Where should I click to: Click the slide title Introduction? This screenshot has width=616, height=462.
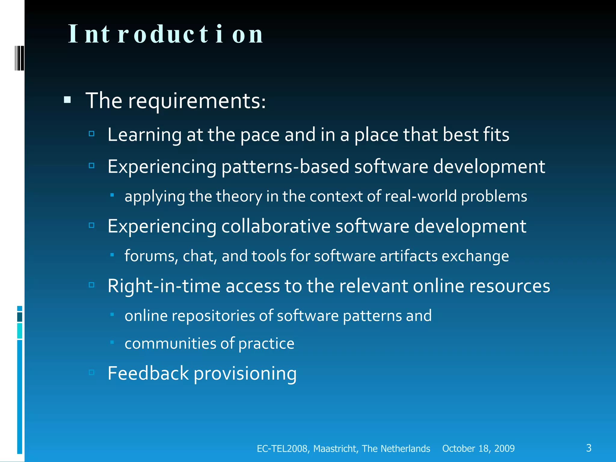point(166,34)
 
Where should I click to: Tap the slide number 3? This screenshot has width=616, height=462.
point(589,448)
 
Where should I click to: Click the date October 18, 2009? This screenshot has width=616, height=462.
point(478,448)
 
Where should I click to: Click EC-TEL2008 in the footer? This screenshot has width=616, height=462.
point(282,448)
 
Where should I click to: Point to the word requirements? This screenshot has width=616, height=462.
point(197,101)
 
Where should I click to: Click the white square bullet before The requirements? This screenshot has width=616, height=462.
point(67,100)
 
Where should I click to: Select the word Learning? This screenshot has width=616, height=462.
point(144,135)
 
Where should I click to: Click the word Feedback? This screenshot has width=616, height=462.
point(148,373)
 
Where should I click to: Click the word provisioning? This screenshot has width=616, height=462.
point(245,374)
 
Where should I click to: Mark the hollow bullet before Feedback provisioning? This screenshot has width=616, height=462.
point(92,373)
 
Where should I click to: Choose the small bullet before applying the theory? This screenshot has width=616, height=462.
point(112,195)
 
